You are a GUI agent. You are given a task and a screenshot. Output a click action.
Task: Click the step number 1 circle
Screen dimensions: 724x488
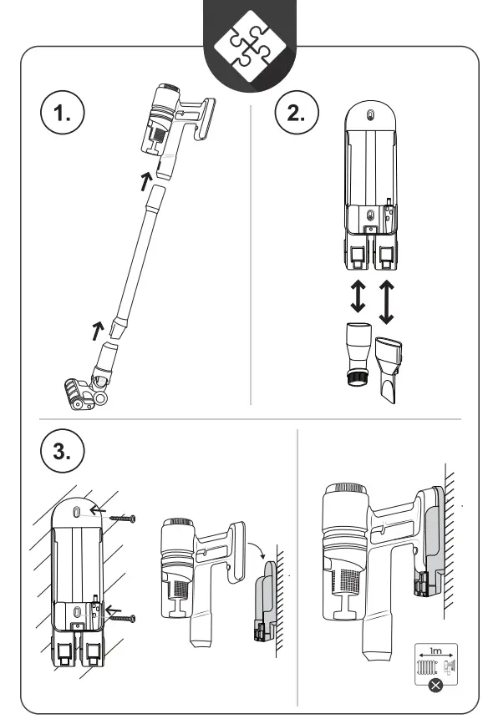pos(61,115)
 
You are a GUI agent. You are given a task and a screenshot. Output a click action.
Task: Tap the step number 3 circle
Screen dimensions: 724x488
pos(62,451)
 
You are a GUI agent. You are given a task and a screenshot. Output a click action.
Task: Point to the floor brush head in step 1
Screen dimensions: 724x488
pos(82,392)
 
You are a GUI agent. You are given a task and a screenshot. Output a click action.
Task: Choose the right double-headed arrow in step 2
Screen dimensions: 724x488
pos(386,302)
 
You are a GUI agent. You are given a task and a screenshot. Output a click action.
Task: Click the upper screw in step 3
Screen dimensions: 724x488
pos(123,519)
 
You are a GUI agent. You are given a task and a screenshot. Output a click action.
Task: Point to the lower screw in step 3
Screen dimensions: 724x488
pos(122,618)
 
